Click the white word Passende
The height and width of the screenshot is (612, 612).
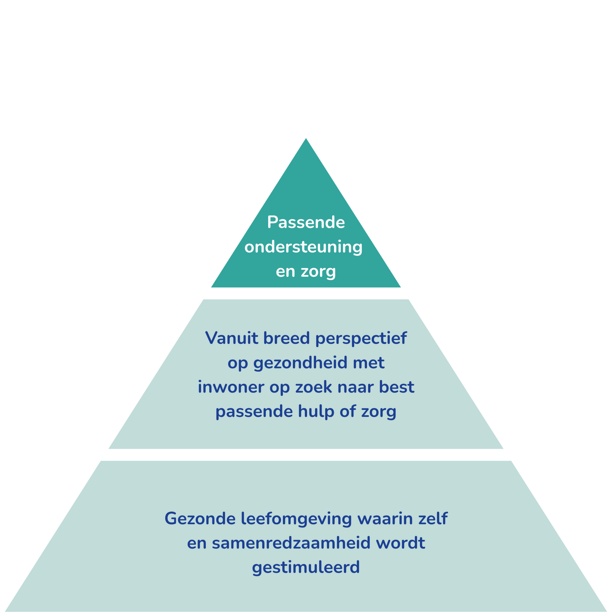coord(306,222)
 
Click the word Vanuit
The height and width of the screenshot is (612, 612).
coord(232,338)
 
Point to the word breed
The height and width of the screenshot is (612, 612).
coord(286,338)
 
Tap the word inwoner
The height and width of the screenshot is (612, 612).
coord(231,387)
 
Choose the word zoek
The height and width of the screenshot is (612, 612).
coord(314,387)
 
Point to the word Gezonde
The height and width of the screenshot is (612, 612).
coord(200,519)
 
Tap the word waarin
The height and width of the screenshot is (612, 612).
coord(385,519)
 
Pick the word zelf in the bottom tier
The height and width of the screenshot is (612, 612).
coord(433,519)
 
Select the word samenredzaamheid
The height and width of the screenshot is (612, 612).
coord(291,543)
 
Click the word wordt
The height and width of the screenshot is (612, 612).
coord(400,543)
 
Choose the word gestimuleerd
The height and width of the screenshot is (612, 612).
coord(306,568)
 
